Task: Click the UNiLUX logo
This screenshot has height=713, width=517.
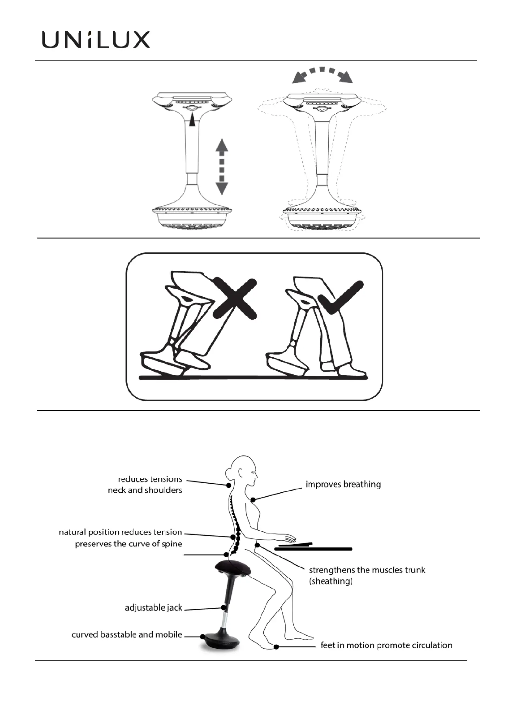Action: point(95,40)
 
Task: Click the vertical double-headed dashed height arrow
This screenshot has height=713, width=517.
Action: point(222,167)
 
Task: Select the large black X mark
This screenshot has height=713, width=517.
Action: point(235,299)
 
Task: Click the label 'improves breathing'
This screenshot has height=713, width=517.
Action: point(343,484)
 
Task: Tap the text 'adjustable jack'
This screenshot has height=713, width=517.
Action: point(153,608)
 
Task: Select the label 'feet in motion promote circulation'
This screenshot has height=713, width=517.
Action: point(386,645)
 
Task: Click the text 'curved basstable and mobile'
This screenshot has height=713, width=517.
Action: point(127,634)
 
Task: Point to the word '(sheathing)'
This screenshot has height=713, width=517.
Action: point(331,581)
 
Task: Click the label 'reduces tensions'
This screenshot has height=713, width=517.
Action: point(150,479)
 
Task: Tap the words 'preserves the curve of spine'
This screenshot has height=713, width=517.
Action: point(128,544)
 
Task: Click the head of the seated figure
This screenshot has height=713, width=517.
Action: point(243,469)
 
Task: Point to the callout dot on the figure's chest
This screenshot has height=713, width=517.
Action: point(252,499)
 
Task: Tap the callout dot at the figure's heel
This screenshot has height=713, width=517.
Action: point(276,647)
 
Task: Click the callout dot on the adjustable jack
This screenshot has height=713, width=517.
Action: point(223,607)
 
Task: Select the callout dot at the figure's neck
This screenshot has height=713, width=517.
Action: point(229,485)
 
